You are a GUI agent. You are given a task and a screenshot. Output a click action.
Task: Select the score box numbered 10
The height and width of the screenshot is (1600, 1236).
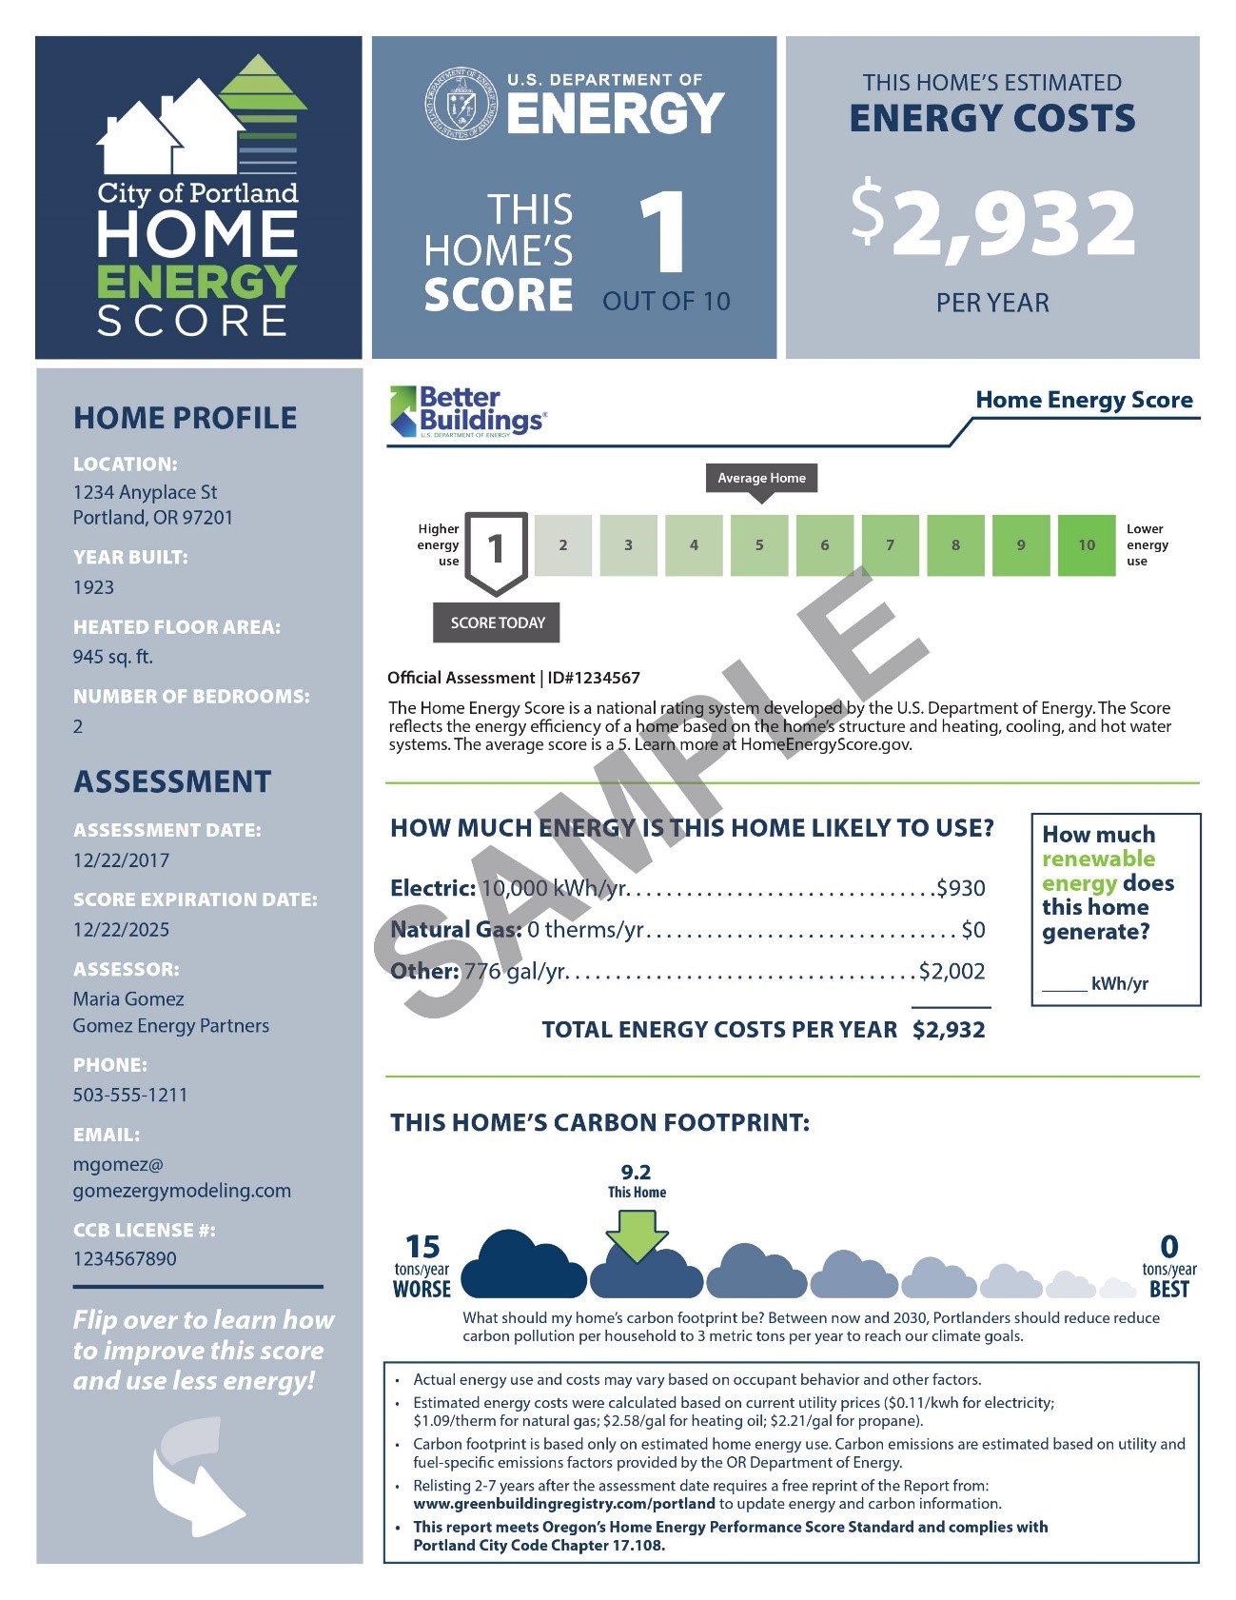tap(1086, 545)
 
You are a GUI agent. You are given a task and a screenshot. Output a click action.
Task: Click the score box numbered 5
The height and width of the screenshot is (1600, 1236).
tap(759, 545)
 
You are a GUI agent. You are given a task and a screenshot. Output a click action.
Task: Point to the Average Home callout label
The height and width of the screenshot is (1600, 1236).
tap(761, 478)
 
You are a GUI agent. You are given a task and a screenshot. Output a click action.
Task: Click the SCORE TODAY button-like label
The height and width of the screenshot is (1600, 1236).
tap(497, 622)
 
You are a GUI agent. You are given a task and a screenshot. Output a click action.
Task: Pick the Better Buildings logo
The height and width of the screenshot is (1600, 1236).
tap(468, 411)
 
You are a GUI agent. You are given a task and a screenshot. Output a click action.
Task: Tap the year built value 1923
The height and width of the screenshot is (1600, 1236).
tap(93, 587)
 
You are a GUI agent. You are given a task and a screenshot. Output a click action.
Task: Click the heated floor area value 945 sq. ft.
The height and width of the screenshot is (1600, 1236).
tap(112, 657)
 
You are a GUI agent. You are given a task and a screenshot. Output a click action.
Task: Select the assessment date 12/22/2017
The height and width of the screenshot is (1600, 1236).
tap(121, 860)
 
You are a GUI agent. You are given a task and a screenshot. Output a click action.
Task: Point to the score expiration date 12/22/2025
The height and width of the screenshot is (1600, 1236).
tap(121, 930)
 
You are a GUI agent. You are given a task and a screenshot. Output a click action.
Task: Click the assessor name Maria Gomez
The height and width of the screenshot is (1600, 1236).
tap(128, 999)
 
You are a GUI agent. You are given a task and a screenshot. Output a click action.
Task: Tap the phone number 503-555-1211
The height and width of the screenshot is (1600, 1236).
tap(130, 1096)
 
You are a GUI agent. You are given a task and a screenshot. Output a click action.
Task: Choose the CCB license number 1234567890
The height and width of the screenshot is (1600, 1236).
tap(125, 1259)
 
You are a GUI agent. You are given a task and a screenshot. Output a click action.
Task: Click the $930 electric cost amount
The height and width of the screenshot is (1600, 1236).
tap(961, 889)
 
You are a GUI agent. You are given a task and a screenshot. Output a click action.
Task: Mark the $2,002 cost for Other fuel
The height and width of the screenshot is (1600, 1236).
tap(952, 972)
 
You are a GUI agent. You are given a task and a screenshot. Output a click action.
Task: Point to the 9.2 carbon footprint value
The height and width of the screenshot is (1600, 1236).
tap(636, 1173)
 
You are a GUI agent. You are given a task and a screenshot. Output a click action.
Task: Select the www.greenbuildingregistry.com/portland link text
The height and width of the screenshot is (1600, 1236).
tap(563, 1504)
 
